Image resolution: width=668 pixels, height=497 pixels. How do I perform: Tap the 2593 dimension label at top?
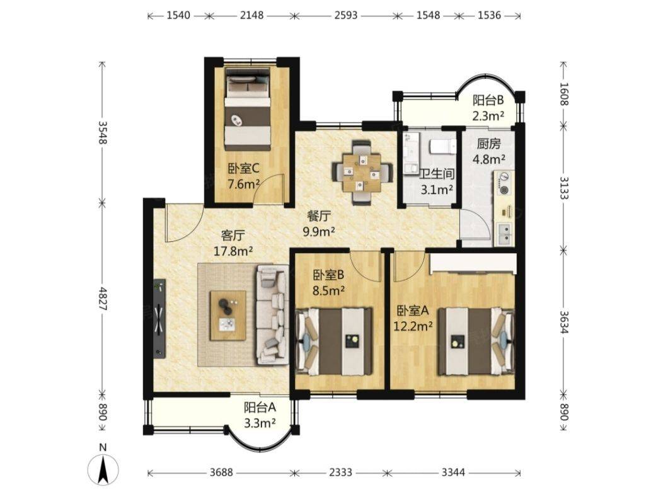345,15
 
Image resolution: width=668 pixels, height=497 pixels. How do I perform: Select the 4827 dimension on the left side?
103,298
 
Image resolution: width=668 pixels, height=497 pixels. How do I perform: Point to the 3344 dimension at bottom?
453,472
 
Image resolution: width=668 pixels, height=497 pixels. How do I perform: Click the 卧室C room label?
243,169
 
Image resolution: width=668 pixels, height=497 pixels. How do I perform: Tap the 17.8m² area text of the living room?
233,251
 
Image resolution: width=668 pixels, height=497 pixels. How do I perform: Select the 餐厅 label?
319,216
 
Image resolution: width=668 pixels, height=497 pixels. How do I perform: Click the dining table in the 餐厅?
362,172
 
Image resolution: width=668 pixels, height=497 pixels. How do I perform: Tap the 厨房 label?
488,144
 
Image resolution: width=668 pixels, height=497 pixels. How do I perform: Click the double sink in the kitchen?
504,235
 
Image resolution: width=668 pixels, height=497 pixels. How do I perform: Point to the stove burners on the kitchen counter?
504,183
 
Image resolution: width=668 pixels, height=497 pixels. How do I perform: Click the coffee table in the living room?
228,315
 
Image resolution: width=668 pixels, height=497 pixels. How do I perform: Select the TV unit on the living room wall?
159,319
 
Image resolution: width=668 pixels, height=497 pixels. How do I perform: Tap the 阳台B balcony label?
488,100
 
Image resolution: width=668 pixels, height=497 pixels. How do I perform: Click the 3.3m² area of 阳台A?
260,423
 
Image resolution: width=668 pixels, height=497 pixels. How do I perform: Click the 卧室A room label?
413,311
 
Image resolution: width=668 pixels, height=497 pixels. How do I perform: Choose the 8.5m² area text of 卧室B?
328,290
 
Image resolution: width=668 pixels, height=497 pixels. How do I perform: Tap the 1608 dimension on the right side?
564,94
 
